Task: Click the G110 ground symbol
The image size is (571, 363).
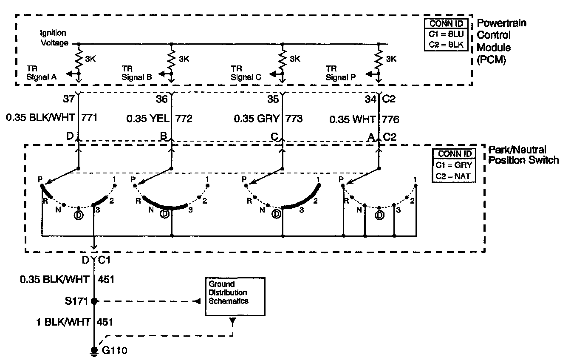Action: click(94, 350)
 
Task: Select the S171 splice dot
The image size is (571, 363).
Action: click(94, 301)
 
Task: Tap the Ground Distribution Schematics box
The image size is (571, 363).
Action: click(235, 297)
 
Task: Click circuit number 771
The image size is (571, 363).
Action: click(89, 118)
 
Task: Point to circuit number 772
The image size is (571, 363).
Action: click(184, 119)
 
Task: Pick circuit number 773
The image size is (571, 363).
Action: click(294, 119)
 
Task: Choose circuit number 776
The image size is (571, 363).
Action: click(390, 119)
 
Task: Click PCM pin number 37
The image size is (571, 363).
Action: click(69, 99)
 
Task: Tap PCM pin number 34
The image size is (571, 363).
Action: click(370, 99)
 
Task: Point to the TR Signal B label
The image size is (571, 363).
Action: click(137, 73)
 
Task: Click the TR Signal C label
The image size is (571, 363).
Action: click(246, 73)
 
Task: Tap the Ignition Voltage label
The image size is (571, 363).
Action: click(54, 38)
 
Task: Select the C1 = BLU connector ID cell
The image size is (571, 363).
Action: click(446, 34)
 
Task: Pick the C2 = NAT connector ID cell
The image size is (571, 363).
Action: click(454, 176)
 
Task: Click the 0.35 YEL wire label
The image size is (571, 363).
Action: click(148, 119)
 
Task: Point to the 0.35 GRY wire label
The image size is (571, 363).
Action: click(257, 119)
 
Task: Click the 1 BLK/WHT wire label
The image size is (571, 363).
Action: click(63, 322)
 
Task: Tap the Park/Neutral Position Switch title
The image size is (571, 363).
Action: click(523, 155)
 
